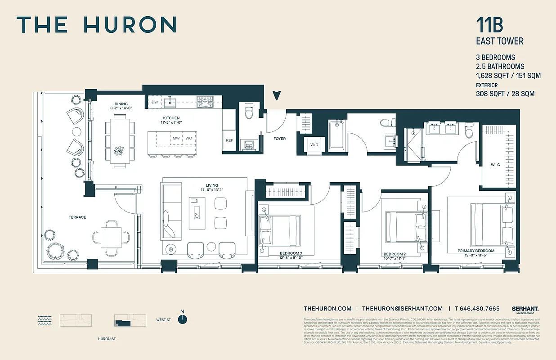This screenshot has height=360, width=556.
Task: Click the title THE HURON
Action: [x=96, y=25]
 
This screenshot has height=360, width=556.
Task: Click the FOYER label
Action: [x=279, y=139]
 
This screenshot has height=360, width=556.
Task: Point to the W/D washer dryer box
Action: [x=314, y=144]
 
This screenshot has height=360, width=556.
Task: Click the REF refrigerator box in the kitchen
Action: [x=229, y=140]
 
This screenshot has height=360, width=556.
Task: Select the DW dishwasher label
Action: [x=155, y=102]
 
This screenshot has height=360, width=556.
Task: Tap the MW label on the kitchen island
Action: [x=176, y=138]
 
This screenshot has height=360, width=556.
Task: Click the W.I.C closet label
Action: [x=495, y=165]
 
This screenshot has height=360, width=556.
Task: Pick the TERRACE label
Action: [x=77, y=217]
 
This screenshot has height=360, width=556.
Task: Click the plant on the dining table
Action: [x=120, y=150]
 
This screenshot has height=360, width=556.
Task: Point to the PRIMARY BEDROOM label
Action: [x=476, y=251]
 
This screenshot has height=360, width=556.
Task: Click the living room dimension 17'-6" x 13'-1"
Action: [x=212, y=190]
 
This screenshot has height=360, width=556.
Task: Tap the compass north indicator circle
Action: [x=182, y=319]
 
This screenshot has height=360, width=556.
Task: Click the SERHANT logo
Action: [x=525, y=309]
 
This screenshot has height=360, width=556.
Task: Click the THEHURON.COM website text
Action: [x=327, y=309]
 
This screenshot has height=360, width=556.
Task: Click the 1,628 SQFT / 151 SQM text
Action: [x=508, y=76]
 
